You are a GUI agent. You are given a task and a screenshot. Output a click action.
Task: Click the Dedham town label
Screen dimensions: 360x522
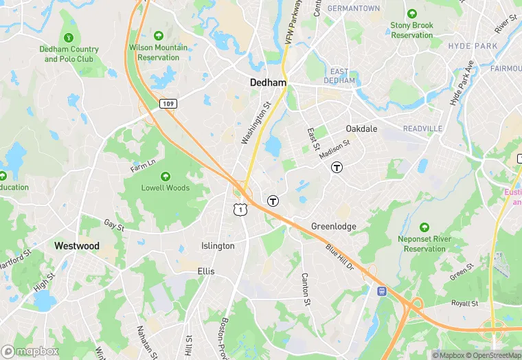tap(268, 82)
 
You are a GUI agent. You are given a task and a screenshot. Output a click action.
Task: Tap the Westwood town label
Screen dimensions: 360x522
tap(77, 246)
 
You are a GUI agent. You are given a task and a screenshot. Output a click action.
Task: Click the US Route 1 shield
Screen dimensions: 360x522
tap(240, 208)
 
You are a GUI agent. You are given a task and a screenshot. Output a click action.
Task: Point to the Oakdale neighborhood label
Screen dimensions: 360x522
tap(361, 128)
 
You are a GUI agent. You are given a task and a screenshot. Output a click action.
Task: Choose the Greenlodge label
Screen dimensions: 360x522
tap(334, 226)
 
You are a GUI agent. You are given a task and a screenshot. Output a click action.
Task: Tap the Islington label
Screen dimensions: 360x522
tap(218, 246)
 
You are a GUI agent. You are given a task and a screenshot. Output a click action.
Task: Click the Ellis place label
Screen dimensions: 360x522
tap(206, 271)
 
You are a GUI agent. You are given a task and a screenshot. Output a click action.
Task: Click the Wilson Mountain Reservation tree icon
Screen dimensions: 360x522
tap(159, 35)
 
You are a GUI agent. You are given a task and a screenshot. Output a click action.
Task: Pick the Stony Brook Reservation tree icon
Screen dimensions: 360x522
tap(412, 14)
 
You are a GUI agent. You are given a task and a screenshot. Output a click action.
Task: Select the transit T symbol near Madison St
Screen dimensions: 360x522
tap(337, 167)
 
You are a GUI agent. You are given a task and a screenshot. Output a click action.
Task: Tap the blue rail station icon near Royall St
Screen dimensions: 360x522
tap(383, 291)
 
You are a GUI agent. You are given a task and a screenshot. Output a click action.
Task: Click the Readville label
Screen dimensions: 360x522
tap(422, 129)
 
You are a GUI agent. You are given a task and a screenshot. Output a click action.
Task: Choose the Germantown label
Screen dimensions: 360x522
tap(354, 8)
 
